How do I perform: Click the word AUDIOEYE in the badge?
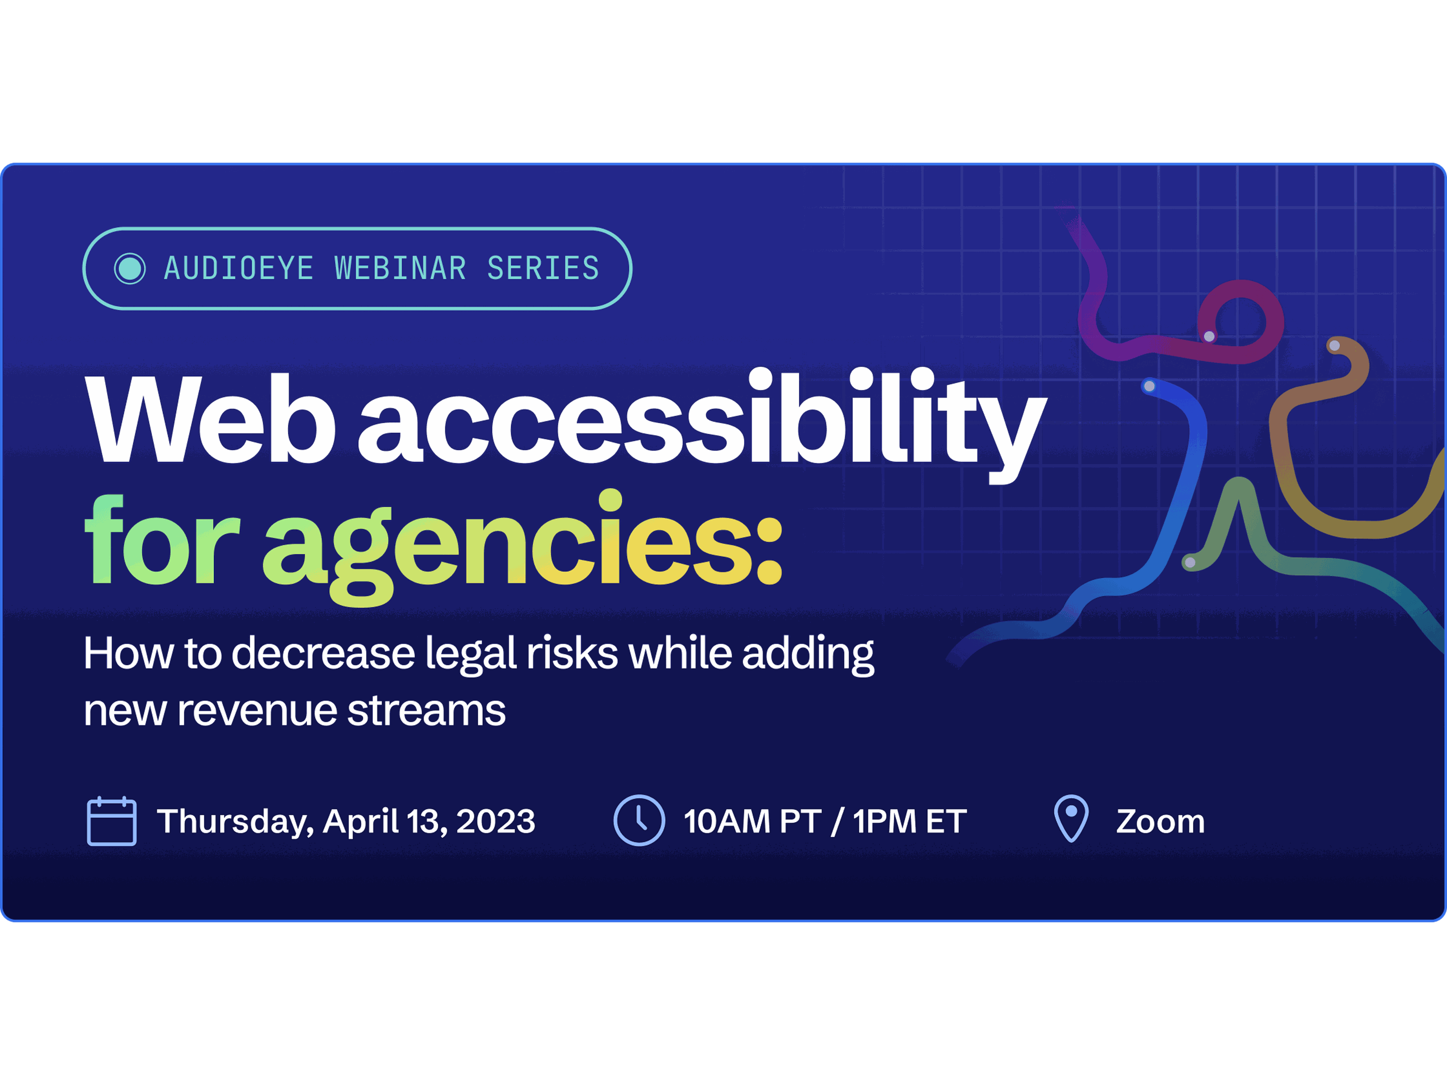pos(239,268)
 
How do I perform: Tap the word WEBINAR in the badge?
pos(400,268)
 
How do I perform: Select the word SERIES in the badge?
pos(543,268)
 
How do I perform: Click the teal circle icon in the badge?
pos(130,268)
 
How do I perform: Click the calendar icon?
pos(112,821)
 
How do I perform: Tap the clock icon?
pos(639,820)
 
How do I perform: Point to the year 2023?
pos(496,821)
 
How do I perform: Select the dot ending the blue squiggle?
pos(1149,386)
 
